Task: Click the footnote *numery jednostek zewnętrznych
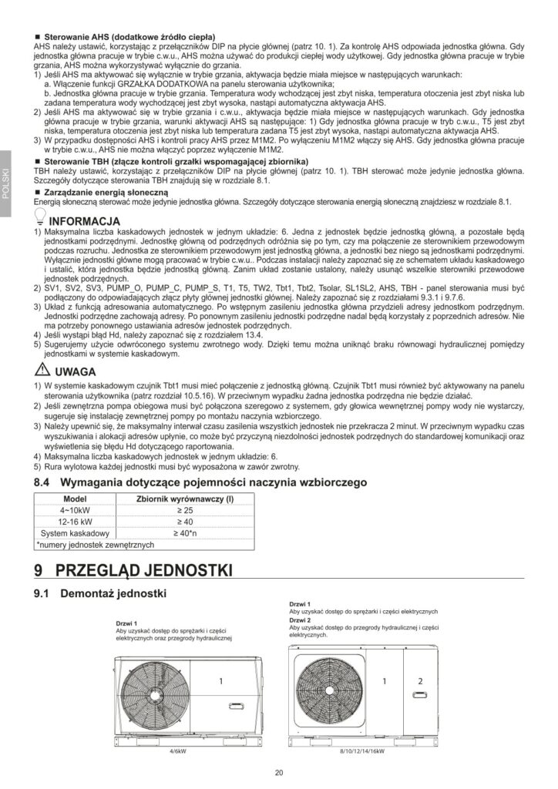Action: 96,544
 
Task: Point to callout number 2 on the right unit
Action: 419,681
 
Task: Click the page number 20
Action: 278,773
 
